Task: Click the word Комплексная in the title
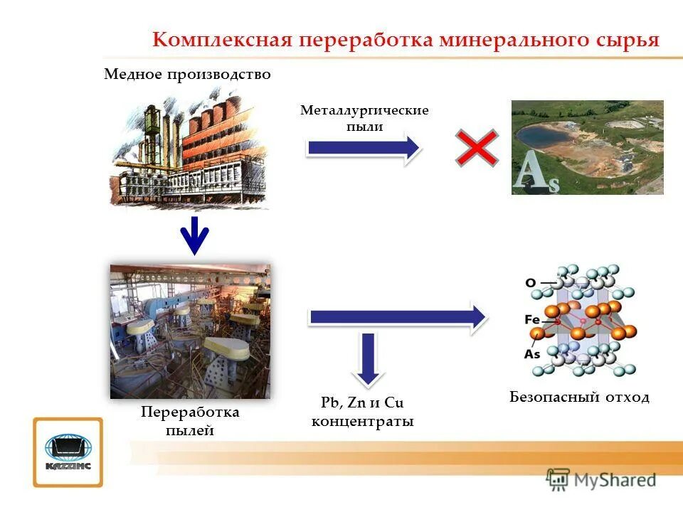(x=223, y=40)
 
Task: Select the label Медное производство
(x=187, y=75)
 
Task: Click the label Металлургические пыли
(x=364, y=119)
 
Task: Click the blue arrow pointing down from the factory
(x=194, y=236)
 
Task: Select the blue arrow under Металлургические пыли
(x=364, y=148)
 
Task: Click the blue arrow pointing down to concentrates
(x=367, y=360)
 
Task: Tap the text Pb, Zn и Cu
(x=362, y=403)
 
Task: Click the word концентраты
(x=363, y=422)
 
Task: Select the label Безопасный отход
(x=579, y=397)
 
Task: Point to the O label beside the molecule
(x=531, y=282)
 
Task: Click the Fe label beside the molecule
(x=533, y=319)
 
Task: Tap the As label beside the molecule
(x=532, y=353)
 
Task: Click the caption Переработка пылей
(x=190, y=421)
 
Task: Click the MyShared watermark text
(x=615, y=480)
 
